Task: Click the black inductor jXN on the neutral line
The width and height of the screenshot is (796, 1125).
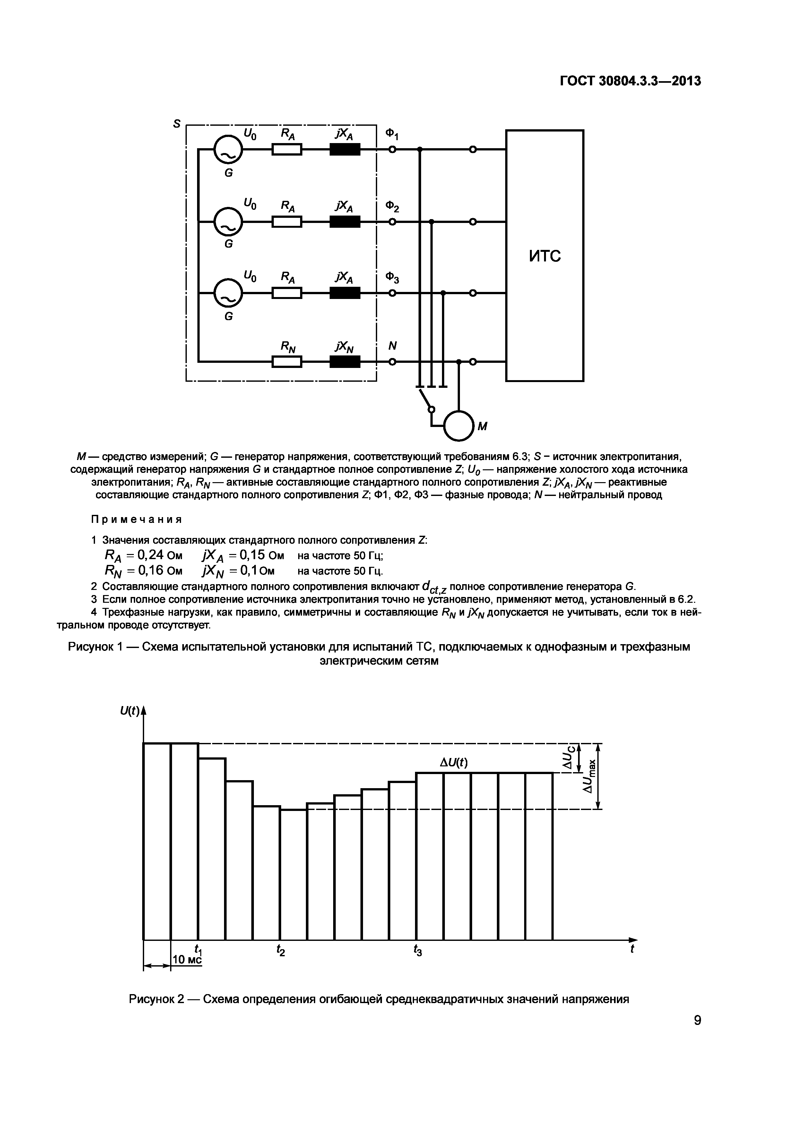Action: coord(345,362)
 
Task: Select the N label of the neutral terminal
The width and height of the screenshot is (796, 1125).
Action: coord(392,346)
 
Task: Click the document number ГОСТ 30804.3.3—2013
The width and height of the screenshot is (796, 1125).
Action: coord(630,81)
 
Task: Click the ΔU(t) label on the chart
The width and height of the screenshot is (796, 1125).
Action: coord(454,763)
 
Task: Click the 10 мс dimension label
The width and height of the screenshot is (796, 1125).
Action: coord(187,959)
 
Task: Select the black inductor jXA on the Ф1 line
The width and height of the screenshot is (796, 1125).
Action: coord(345,149)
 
